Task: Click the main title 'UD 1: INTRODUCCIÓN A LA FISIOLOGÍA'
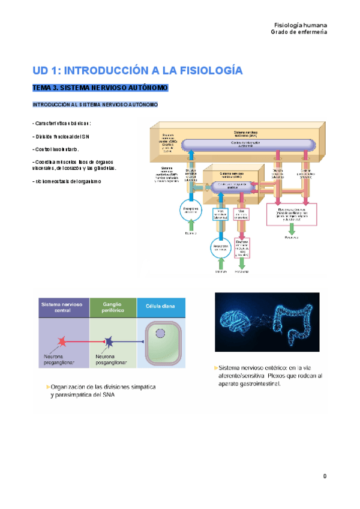pyautogui.click(x=137, y=70)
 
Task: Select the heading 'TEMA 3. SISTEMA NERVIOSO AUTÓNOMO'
pyautogui.click(x=100, y=88)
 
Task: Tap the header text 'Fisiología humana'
pyautogui.click(x=300, y=26)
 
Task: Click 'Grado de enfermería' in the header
pyautogui.click(x=299, y=33)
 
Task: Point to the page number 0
pyautogui.click(x=325, y=477)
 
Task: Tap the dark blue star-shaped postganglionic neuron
pyautogui.click(x=110, y=343)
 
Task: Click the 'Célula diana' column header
pyautogui.click(x=161, y=307)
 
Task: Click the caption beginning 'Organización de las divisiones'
pyautogui.click(x=102, y=391)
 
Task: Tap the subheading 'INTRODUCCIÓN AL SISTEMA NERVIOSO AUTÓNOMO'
pyautogui.click(x=95, y=105)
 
